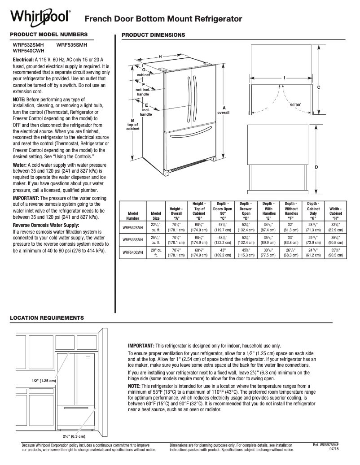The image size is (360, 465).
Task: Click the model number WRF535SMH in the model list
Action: [x=72, y=45]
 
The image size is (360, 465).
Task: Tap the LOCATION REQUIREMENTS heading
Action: [x=47, y=317]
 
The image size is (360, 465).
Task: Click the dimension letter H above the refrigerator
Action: [x=160, y=56]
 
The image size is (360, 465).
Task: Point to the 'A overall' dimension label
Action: [x=224, y=110]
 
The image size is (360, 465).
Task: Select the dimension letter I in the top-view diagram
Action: [x=284, y=78]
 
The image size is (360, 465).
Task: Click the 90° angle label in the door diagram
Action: [x=295, y=104]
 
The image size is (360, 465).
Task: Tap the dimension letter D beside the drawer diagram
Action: [x=316, y=167]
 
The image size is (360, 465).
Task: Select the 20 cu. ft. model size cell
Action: [x=156, y=252]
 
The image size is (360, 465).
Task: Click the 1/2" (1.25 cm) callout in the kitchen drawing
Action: [x=44, y=380]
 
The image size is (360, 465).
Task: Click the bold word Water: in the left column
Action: [x=21, y=165]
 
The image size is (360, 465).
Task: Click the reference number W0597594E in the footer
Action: [x=326, y=444]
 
